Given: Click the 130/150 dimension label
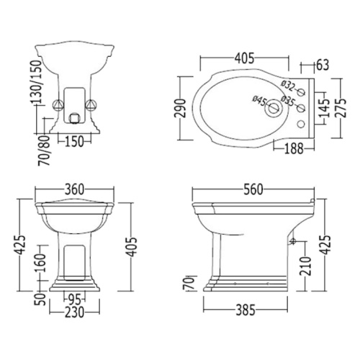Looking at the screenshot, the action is tap(37, 82).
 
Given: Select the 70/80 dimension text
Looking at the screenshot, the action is tap(44, 150).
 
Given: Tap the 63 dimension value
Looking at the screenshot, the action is tap(323, 65).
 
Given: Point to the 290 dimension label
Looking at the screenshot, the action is tap(180, 108).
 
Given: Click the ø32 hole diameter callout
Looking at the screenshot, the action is tap(288, 86).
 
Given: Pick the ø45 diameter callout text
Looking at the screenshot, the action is tap(259, 101).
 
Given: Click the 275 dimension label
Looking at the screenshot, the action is tap(341, 108).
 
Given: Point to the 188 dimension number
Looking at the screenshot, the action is tap(294, 148).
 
